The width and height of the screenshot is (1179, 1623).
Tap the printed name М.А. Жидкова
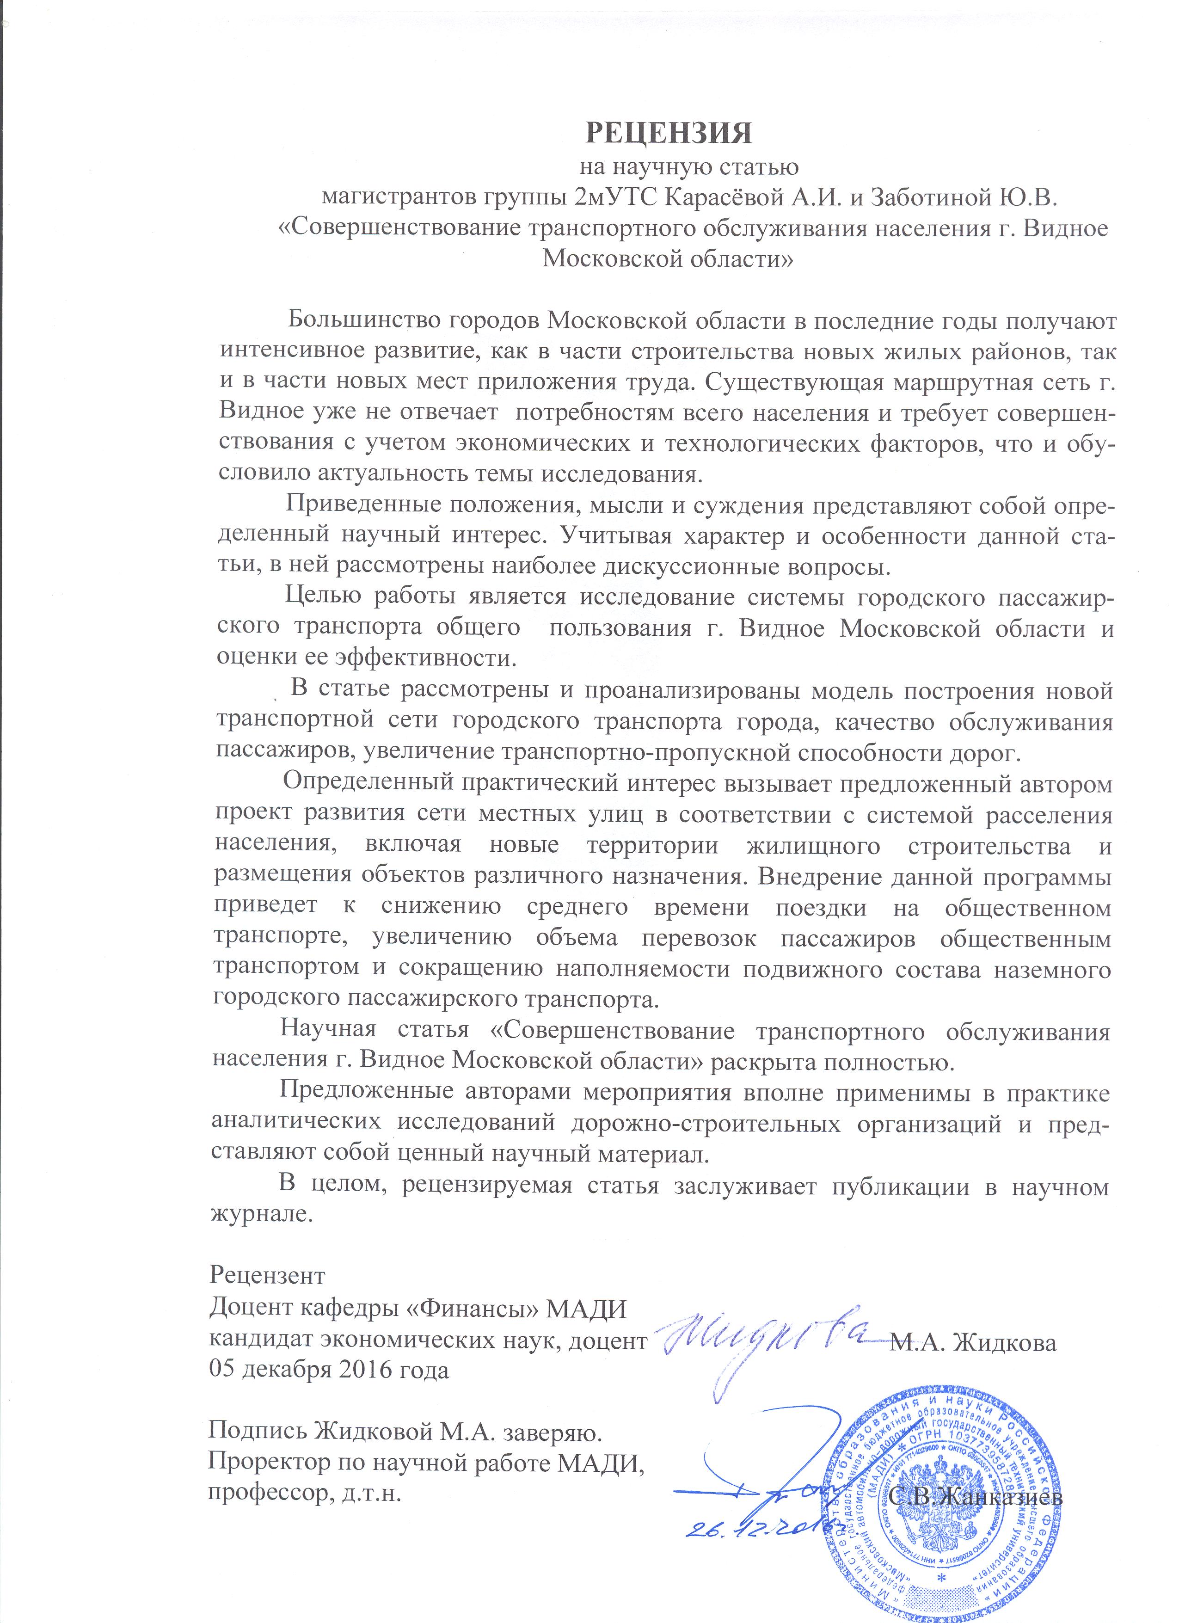tap(973, 1342)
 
